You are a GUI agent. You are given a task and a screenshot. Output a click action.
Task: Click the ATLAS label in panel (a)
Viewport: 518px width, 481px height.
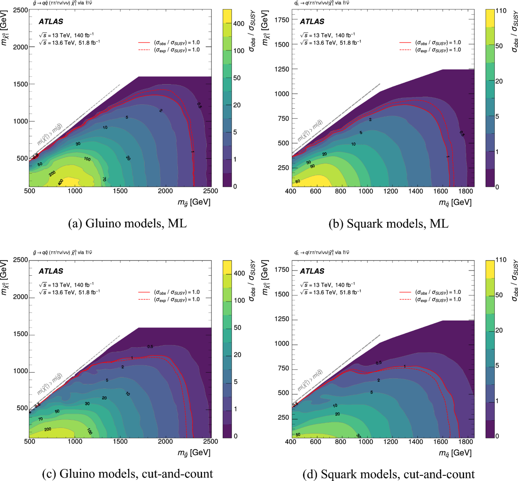click(x=51, y=22)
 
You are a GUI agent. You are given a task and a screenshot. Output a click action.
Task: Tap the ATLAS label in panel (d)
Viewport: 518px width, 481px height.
click(x=312, y=271)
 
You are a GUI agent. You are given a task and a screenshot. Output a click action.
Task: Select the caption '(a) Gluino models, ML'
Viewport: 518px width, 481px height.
click(x=127, y=223)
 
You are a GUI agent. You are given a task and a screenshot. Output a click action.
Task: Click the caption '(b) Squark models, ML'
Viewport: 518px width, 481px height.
click(x=388, y=223)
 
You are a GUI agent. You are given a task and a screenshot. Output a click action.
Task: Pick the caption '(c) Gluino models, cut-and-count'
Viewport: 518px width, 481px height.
click(x=127, y=474)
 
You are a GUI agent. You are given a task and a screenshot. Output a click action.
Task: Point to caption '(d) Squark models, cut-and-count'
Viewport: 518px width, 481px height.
click(x=388, y=474)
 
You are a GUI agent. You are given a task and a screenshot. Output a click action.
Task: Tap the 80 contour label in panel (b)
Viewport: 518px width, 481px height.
click(x=297, y=181)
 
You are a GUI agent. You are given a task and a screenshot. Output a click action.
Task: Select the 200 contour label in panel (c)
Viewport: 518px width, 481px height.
click(x=48, y=429)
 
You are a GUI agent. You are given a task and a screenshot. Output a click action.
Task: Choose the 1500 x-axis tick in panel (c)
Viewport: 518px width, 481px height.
click(x=120, y=441)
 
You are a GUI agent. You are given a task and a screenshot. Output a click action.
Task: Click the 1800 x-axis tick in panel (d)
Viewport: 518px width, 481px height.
click(x=466, y=441)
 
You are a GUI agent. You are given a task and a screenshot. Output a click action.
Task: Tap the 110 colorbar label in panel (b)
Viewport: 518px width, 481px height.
click(x=501, y=11)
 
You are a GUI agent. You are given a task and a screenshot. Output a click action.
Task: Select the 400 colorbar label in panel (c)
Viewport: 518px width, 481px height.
click(x=239, y=274)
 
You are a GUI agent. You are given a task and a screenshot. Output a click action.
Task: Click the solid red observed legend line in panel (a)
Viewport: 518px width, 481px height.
click(x=144, y=43)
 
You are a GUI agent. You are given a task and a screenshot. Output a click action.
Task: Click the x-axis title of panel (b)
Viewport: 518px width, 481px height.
click(x=455, y=202)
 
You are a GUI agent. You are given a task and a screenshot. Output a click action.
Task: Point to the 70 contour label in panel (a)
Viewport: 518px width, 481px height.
click(x=104, y=179)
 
